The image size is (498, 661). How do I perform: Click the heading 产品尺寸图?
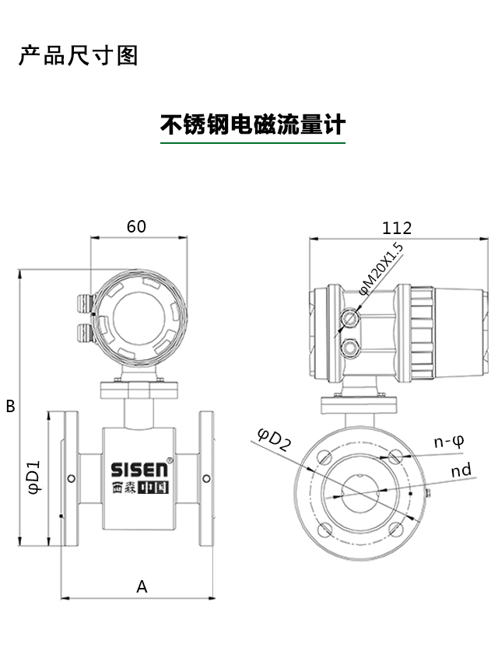(78, 56)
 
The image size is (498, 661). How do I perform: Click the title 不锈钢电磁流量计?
(253, 124)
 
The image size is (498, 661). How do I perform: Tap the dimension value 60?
(136, 226)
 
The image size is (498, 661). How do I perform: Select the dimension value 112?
(396, 228)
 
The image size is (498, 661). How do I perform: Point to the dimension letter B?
(10, 406)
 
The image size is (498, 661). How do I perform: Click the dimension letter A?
(142, 586)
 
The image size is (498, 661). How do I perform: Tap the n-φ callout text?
(449, 442)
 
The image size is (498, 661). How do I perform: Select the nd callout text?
(461, 470)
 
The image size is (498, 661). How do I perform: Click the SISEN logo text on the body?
(139, 470)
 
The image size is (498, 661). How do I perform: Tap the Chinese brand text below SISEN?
(139, 488)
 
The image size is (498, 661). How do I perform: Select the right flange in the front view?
(207, 477)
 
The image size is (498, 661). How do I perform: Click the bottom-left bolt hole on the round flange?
(323, 530)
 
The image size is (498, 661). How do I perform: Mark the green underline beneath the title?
(253, 143)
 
